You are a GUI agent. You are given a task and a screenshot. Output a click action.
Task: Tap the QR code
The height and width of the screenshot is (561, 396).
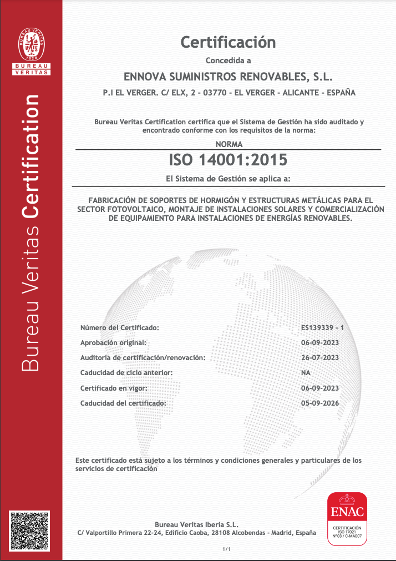pos(29,531)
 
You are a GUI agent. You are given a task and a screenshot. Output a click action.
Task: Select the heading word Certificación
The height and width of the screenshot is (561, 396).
pos(228,42)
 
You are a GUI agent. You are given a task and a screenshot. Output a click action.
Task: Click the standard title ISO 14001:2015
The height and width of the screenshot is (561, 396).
pos(228,160)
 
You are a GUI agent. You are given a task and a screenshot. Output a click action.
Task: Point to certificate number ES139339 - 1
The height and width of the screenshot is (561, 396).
pos(322,328)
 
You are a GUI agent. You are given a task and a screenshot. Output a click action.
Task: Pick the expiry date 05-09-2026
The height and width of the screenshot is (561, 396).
pos(319,403)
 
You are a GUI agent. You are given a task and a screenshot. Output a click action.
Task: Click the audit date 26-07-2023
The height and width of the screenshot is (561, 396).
pos(319,358)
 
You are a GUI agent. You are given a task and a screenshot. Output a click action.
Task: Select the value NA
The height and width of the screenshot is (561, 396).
pos(306,373)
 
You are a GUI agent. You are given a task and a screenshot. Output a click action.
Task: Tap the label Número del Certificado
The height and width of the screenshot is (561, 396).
pos(120,328)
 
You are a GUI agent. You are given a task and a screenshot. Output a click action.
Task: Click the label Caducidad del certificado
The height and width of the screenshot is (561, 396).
pos(123,403)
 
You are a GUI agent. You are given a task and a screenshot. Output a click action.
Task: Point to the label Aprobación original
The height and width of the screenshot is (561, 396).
pos(113,343)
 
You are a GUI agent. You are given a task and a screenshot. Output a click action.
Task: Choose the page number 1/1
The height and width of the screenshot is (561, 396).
pos(226,549)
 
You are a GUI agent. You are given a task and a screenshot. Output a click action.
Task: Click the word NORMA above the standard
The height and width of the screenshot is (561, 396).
pos(228,144)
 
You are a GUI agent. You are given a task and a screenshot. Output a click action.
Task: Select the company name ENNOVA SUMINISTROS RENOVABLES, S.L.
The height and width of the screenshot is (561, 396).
pos(228,76)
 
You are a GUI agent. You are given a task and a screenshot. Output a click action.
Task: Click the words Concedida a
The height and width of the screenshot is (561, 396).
pos(228,60)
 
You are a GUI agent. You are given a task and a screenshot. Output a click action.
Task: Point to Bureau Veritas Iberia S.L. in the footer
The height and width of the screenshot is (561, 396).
pos(197,524)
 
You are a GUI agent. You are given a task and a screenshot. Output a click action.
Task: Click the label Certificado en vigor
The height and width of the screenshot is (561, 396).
pos(113,388)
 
